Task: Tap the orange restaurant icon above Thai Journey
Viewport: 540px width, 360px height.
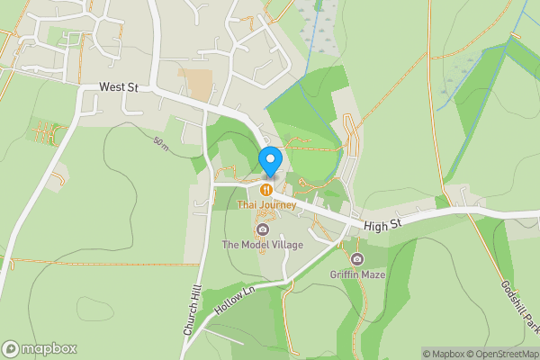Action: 266,190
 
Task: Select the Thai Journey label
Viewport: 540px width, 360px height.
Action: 266,205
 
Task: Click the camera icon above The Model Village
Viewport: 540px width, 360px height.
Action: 263,229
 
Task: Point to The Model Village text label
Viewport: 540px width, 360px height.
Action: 263,245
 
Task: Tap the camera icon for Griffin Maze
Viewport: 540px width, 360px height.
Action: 357,259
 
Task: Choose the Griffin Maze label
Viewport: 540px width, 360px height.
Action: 357,274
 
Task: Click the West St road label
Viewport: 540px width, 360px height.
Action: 120,86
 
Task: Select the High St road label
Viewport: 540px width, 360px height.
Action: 382,225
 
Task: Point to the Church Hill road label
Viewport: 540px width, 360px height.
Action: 191,310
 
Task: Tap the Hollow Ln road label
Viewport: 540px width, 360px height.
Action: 236,297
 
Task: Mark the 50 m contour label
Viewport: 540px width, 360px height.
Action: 161,144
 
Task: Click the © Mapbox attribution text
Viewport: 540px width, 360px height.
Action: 440,354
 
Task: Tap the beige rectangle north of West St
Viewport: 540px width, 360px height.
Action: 195,83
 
